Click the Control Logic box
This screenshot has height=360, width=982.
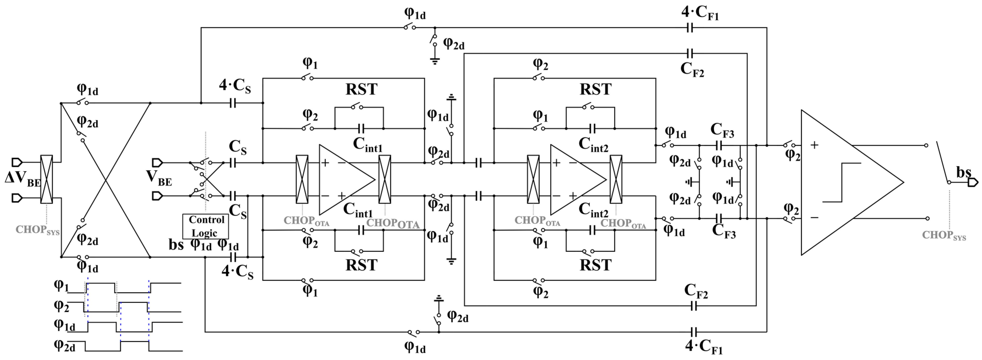click(205, 226)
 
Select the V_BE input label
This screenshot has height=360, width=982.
click(159, 178)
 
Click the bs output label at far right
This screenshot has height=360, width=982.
click(963, 172)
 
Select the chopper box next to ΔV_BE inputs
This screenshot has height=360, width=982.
click(46, 179)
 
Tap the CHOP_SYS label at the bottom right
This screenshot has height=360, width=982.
click(944, 235)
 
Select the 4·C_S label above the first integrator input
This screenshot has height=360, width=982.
click(235, 86)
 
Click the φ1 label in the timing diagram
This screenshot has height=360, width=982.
click(61, 285)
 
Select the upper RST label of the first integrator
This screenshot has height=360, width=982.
click(361, 90)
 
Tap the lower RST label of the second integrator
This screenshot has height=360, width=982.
click(595, 265)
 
